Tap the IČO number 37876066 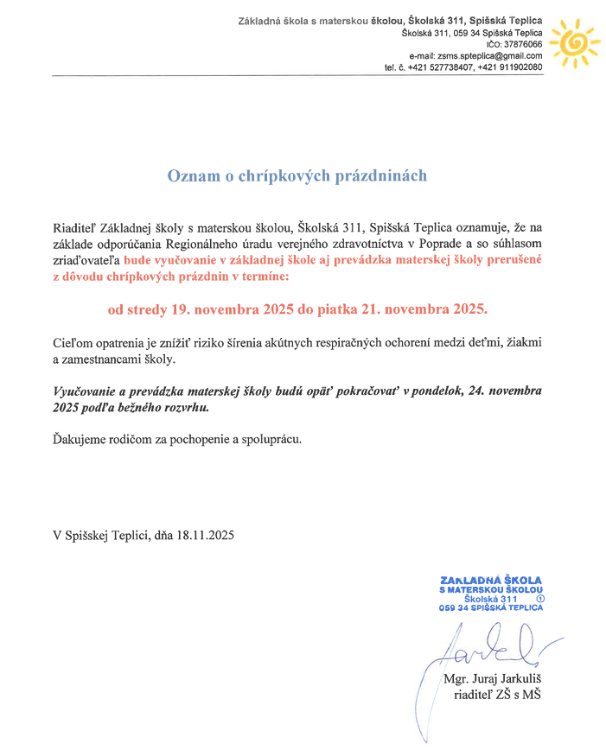tap(521, 44)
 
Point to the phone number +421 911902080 tap(513, 67)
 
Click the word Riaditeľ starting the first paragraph tap(76, 229)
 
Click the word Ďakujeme tap(80, 438)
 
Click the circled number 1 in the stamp tap(541, 598)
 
